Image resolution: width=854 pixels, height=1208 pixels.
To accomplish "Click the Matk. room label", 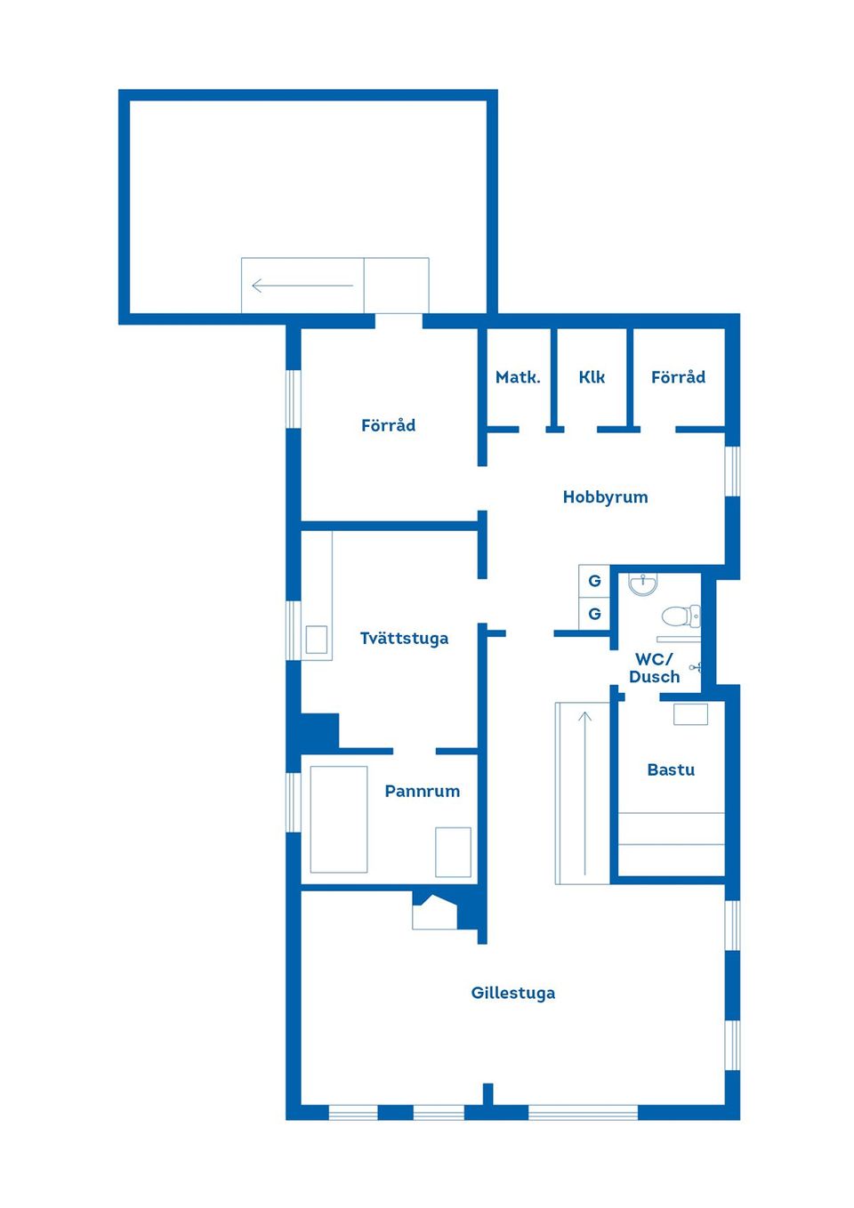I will click(x=518, y=377).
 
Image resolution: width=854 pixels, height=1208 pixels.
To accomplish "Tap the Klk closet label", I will click(x=592, y=377).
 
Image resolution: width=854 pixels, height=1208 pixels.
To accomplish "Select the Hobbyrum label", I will click(x=605, y=497).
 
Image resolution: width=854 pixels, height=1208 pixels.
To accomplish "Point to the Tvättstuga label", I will click(x=404, y=639).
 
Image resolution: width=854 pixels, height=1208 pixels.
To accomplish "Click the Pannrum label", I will click(x=422, y=791).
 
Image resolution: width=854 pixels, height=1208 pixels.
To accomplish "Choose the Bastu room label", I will click(x=671, y=769).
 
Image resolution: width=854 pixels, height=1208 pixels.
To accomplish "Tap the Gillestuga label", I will click(x=512, y=993).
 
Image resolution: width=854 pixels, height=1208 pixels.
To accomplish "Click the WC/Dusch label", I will click(x=654, y=668).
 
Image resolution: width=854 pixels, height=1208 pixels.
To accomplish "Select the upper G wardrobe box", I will click(x=594, y=581).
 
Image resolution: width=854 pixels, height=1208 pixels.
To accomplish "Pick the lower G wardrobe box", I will click(x=594, y=613).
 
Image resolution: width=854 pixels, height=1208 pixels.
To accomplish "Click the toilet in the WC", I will click(x=680, y=616).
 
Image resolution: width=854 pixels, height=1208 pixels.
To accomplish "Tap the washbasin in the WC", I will click(x=642, y=584).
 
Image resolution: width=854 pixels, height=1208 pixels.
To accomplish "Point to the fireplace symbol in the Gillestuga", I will click(x=434, y=913).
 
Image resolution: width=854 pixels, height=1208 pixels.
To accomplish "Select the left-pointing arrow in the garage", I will click(x=302, y=286).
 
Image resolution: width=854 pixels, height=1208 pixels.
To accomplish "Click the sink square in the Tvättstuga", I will click(x=317, y=640).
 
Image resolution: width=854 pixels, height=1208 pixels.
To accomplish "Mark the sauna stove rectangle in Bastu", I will click(x=690, y=713).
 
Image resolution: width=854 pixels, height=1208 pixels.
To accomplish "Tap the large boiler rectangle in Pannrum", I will click(x=339, y=819).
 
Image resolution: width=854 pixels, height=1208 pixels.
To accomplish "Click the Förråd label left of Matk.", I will click(x=388, y=425).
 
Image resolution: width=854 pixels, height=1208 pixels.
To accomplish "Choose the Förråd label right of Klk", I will click(x=678, y=377).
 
